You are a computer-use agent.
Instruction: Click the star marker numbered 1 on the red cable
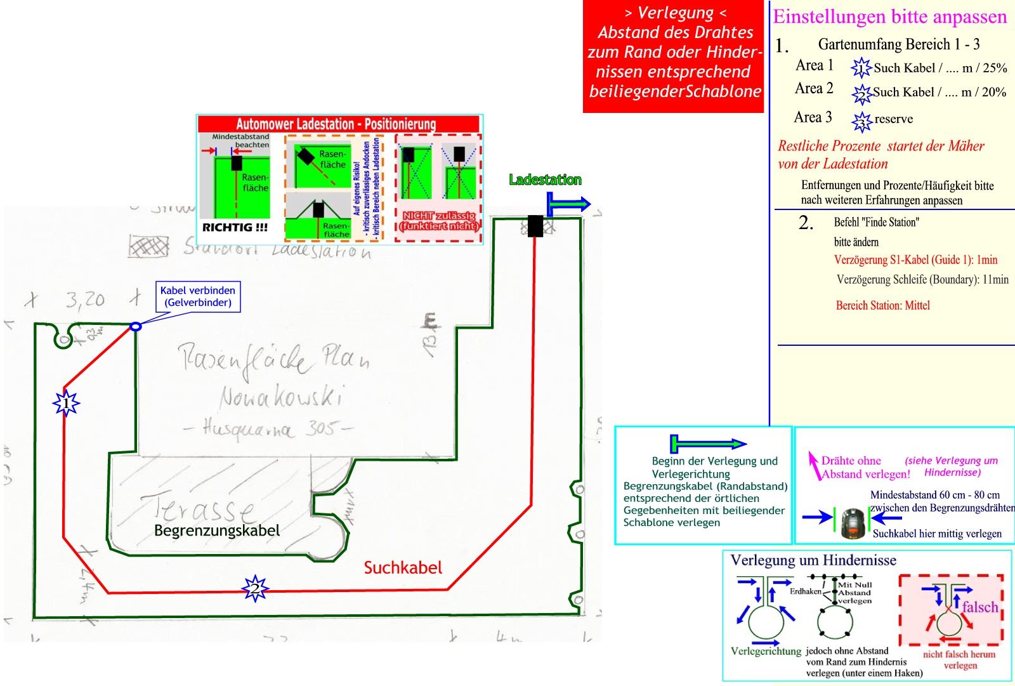[66, 404]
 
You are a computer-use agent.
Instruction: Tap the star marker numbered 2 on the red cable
[254, 589]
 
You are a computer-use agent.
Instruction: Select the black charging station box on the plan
[535, 226]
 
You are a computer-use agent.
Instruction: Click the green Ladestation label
[545, 180]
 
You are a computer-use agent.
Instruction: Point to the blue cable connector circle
[135, 326]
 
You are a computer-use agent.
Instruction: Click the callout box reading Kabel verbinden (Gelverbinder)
[197, 296]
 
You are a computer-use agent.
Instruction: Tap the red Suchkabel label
[403, 567]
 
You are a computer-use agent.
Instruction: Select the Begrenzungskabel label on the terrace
[216, 531]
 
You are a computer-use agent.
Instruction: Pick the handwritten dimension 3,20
[85, 299]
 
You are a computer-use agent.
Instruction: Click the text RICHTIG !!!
[235, 227]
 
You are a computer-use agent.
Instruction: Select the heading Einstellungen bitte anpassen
[889, 16]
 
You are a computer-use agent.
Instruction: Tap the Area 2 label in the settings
[814, 89]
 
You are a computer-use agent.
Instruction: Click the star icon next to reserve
[861, 121]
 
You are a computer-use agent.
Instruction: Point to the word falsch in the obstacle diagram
[979, 607]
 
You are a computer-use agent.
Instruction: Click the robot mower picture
[854, 523]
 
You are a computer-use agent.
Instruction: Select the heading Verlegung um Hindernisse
[813, 560]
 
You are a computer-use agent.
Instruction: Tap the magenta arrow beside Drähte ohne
[813, 464]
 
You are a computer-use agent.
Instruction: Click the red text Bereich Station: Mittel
[882, 306]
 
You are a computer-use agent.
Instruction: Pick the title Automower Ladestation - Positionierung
[336, 124]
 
